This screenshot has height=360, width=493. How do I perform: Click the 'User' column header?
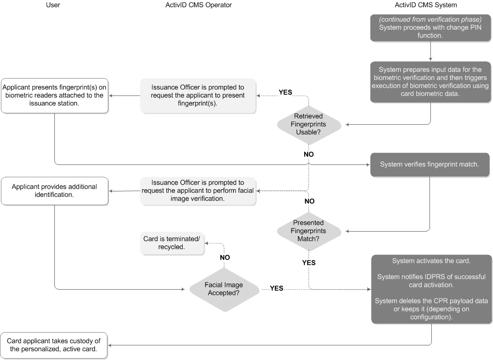click(x=53, y=5)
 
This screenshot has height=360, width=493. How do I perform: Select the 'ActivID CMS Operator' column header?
click(x=198, y=5)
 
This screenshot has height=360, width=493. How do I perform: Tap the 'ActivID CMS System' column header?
click(x=425, y=5)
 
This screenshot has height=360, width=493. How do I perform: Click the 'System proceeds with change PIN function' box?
click(x=430, y=27)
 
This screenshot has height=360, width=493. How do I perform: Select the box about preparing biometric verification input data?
click(x=430, y=82)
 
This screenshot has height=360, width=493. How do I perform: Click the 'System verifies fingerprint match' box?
click(x=430, y=164)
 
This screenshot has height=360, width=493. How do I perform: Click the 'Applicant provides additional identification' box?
click(x=54, y=191)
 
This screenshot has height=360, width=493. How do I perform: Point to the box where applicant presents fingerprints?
click(x=54, y=95)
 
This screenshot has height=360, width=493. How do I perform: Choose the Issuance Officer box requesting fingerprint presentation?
click(x=198, y=95)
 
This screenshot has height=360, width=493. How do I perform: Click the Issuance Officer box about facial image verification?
click(x=198, y=191)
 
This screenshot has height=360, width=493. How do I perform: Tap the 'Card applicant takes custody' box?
click(x=54, y=346)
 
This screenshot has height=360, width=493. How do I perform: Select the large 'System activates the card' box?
click(x=431, y=289)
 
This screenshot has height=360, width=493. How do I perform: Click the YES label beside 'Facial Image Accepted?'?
click(x=276, y=288)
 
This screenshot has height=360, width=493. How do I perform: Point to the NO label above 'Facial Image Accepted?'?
click(x=224, y=257)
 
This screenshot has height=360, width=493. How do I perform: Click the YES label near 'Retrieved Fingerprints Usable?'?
click(x=285, y=92)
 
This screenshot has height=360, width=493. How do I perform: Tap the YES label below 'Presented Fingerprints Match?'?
click(x=309, y=263)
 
